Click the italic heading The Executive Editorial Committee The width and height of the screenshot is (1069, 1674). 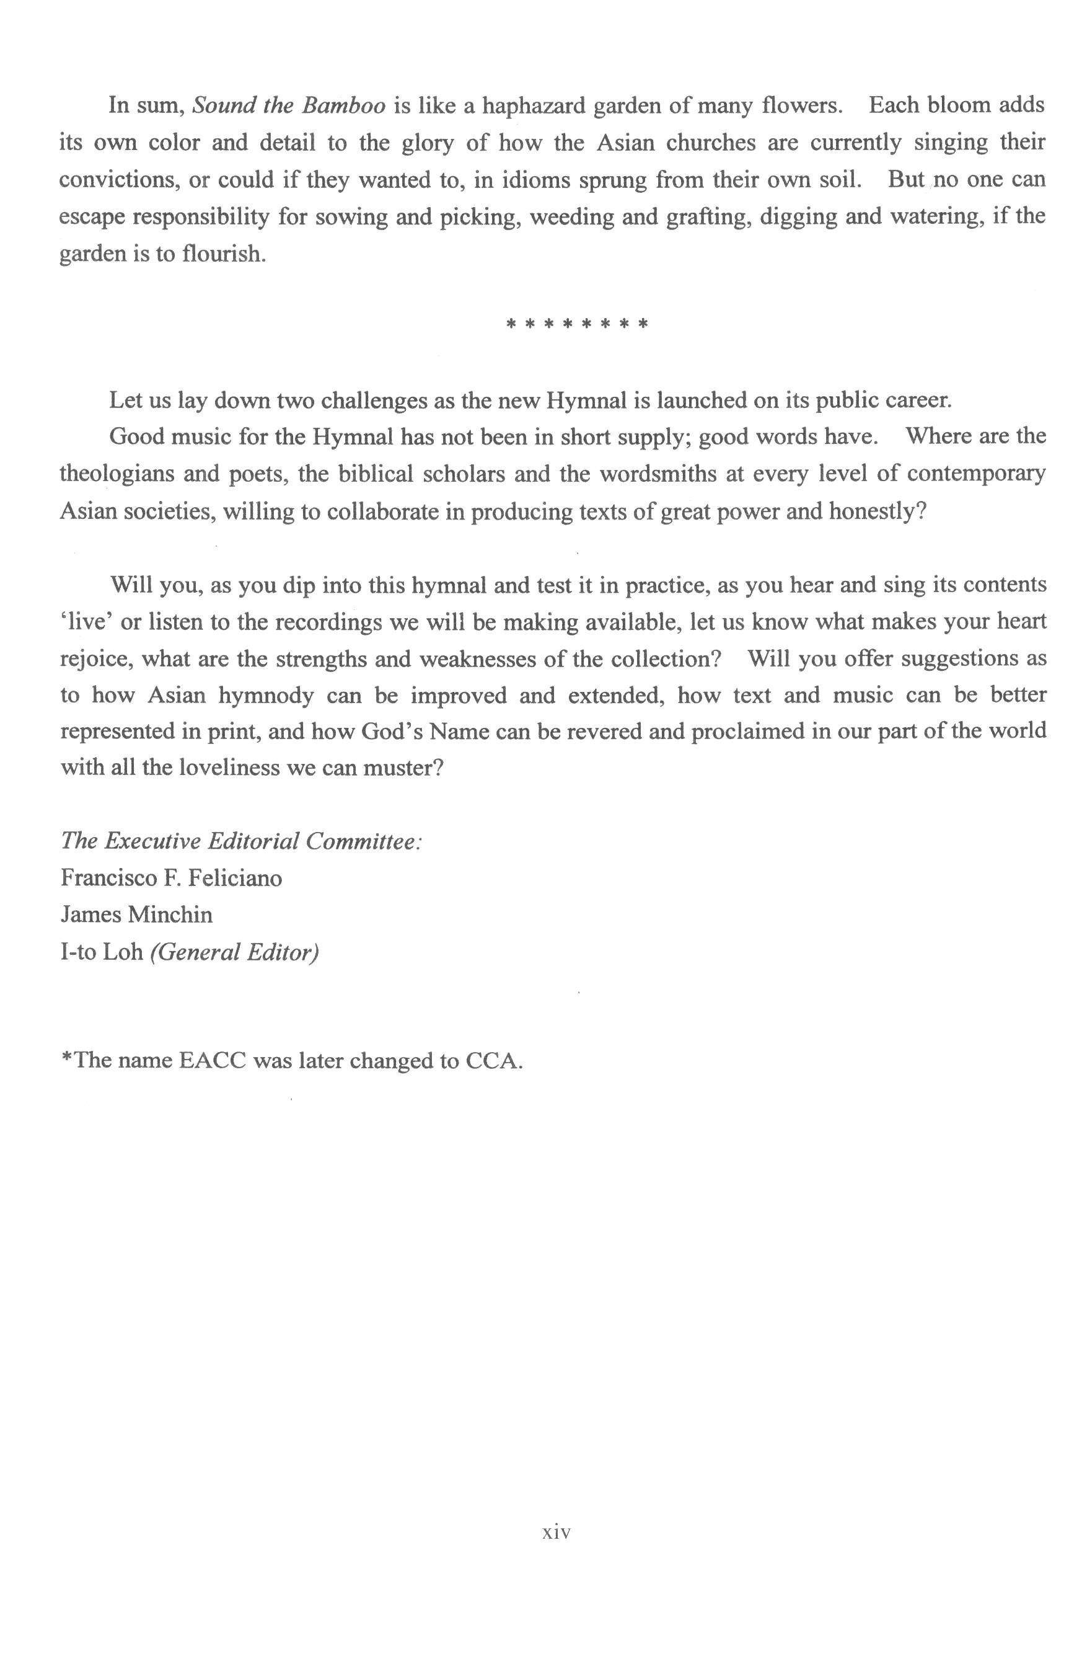241,841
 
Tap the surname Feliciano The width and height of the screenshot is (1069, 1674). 235,878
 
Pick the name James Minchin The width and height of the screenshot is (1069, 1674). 137,914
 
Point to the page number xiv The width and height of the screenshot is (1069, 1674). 556,1532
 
